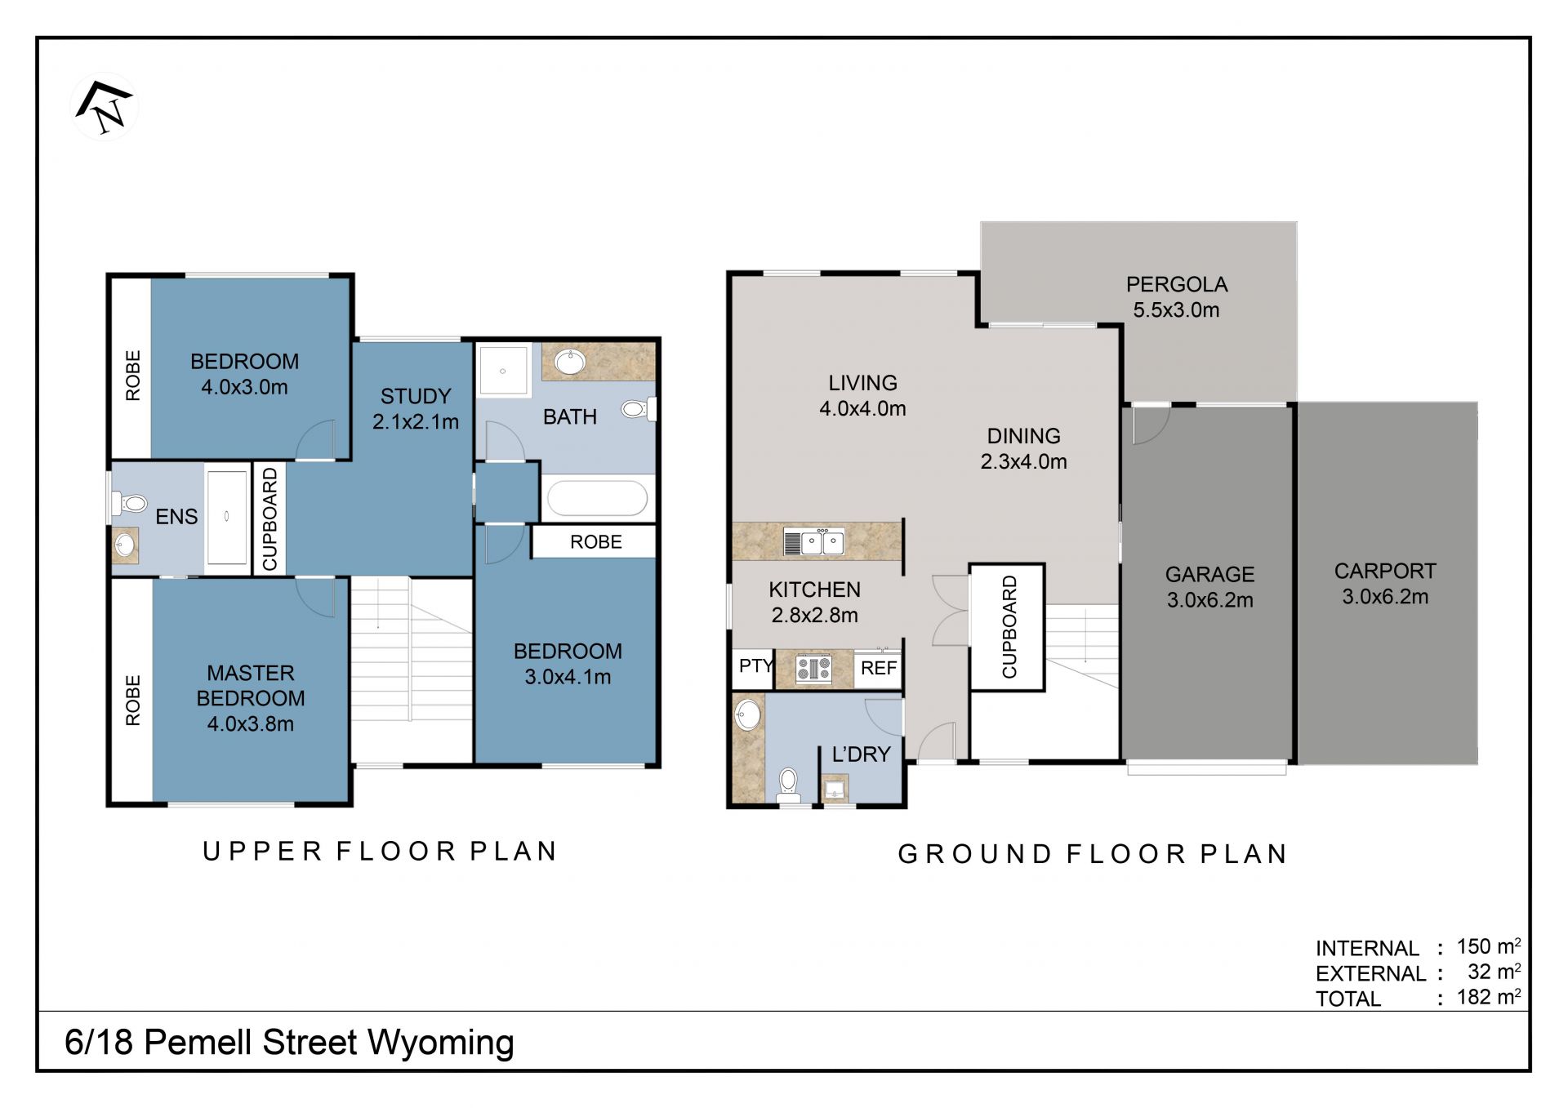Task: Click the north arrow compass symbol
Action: tap(105, 106)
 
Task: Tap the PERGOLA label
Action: tap(1177, 284)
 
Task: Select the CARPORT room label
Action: tap(1385, 571)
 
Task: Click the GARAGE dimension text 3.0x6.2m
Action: tap(1209, 600)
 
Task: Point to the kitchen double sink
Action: tap(813, 541)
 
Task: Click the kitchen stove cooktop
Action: tap(813, 669)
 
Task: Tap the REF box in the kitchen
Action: tap(879, 668)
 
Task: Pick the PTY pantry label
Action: tap(755, 666)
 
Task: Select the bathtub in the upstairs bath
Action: tap(597, 497)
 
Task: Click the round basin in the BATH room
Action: tap(569, 362)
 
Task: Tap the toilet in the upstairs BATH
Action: tap(639, 408)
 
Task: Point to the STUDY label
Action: tap(416, 396)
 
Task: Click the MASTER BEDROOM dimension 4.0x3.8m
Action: tap(250, 723)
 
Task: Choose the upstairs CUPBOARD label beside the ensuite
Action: tap(270, 518)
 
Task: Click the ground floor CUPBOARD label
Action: tap(1009, 626)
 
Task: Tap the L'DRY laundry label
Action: tap(861, 754)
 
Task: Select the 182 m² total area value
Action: tap(1489, 996)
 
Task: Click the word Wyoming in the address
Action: tap(441, 1043)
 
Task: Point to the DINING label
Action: tap(1024, 436)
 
